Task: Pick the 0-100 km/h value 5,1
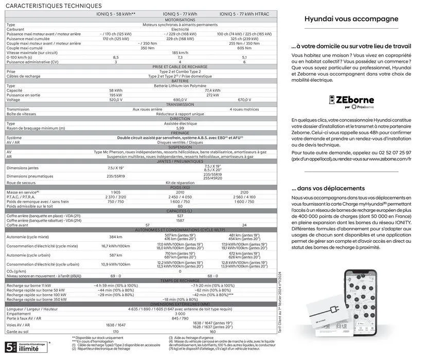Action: pyautogui.click(x=244, y=57)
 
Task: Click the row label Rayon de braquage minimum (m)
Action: pyautogui.click(x=36, y=128)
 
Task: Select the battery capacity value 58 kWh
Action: pyautogui.click(x=116, y=90)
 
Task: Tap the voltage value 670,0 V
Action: pyautogui.click(x=244, y=99)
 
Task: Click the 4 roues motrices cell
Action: pyautogui.click(x=244, y=109)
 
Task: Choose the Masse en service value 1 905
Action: pyautogui.click(x=116, y=192)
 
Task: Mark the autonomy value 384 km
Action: pyautogui.click(x=116, y=237)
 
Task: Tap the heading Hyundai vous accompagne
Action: pyautogui.click(x=351, y=19)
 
